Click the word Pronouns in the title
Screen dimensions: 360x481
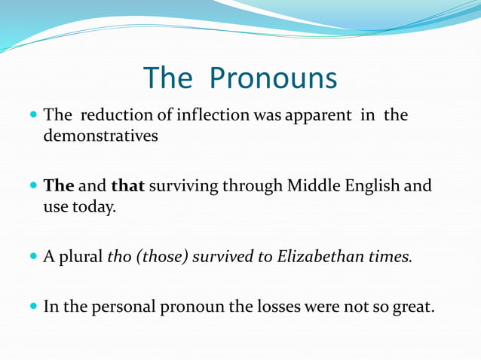(273, 78)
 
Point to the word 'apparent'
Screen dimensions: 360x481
(319, 116)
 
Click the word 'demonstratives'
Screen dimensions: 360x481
(101, 137)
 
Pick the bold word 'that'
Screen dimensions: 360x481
(127, 186)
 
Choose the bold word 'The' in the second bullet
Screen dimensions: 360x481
(59, 186)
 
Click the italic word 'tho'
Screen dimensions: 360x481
(119, 256)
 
